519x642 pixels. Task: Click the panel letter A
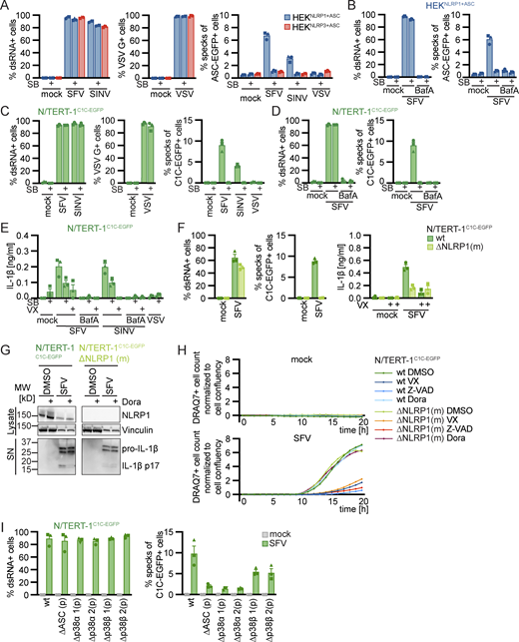click(6, 6)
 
